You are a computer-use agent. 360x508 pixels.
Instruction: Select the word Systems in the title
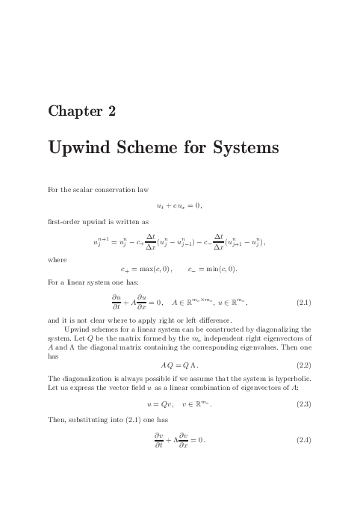coord(243,149)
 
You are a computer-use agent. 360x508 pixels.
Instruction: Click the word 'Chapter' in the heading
coord(73,112)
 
